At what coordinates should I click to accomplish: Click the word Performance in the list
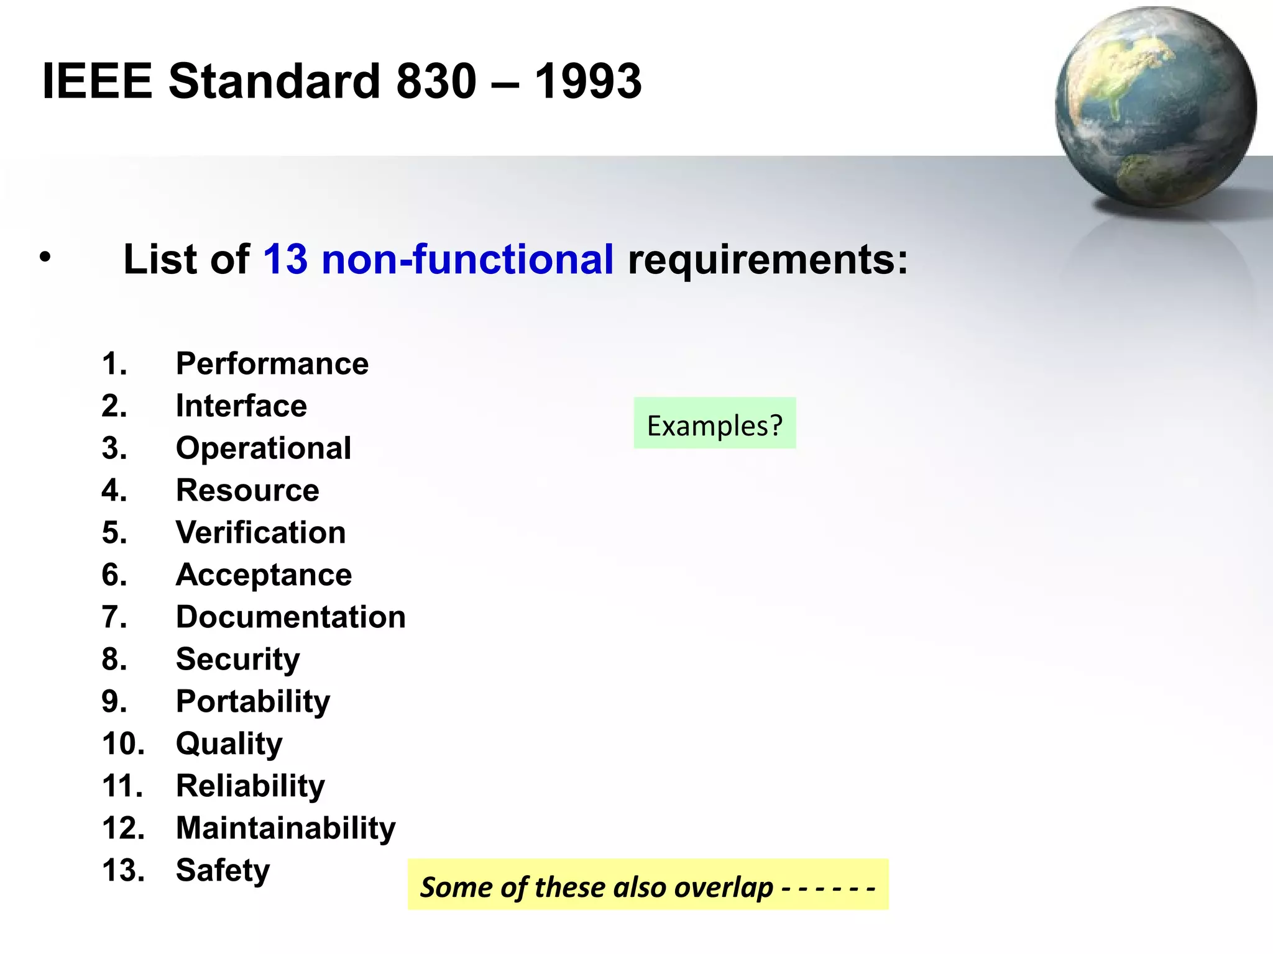click(272, 363)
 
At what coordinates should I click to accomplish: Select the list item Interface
click(241, 406)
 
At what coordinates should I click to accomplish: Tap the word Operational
click(263, 448)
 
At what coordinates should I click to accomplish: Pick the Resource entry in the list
click(247, 490)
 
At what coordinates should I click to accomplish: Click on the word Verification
click(260, 532)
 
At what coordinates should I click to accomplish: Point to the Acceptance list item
click(264, 575)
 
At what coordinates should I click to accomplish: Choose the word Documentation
click(290, 617)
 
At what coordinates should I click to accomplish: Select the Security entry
click(237, 659)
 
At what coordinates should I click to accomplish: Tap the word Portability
click(253, 701)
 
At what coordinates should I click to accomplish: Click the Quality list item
click(229, 743)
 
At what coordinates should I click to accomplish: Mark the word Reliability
click(250, 786)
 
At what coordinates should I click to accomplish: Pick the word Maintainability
click(285, 828)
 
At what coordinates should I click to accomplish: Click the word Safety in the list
click(223, 870)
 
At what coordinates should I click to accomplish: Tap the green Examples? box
click(715, 424)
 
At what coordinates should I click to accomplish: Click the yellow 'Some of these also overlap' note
click(648, 885)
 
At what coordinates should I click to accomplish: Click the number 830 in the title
click(436, 81)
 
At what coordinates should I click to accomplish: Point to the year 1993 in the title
click(588, 81)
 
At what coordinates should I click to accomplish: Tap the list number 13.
click(123, 870)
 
